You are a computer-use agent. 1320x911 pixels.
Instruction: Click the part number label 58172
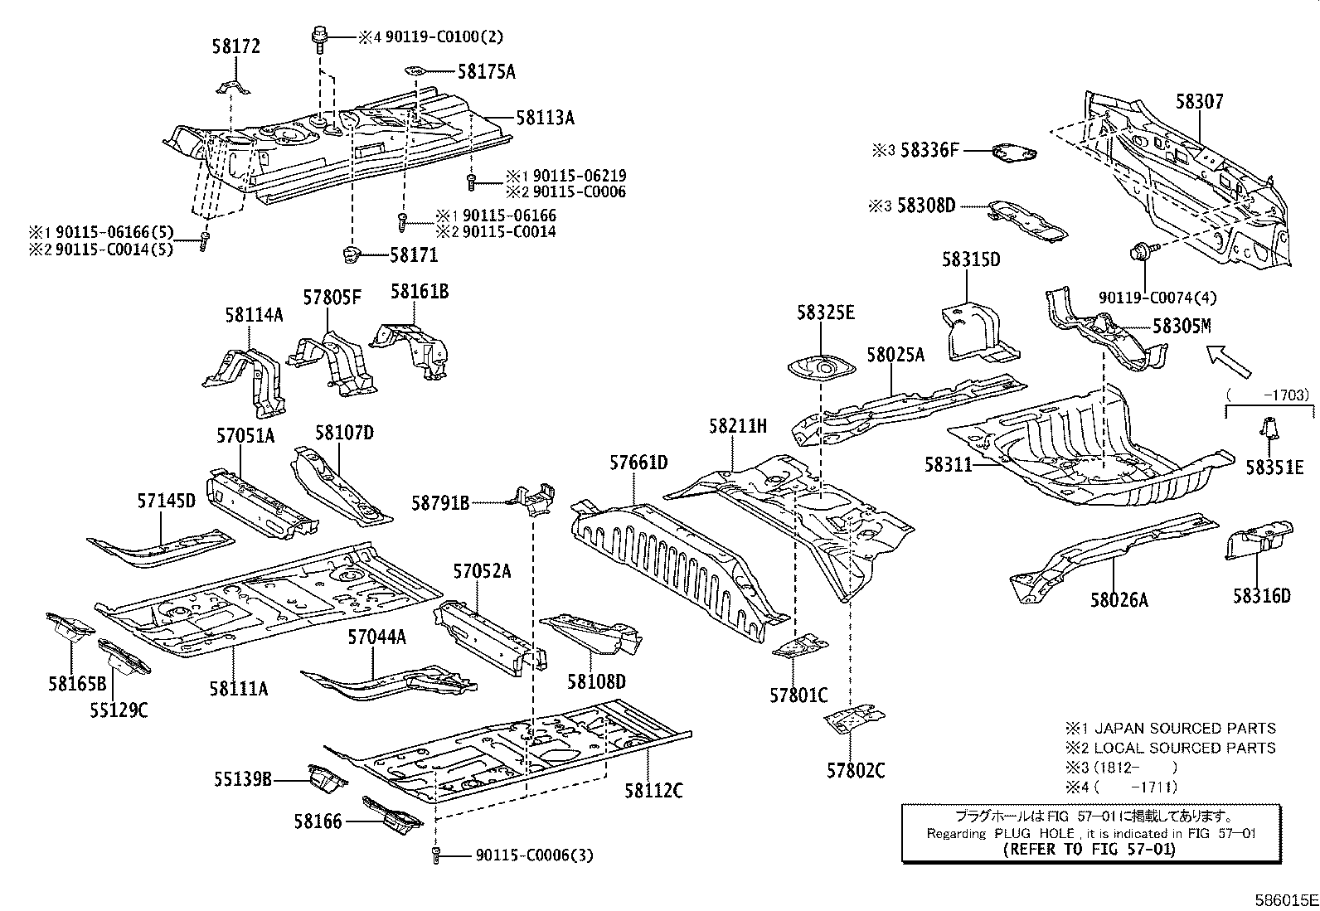(x=236, y=46)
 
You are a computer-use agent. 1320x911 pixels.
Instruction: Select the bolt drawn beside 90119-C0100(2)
(x=318, y=37)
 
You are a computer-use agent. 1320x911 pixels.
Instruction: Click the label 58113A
(x=545, y=118)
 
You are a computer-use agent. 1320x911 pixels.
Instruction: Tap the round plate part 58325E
(x=821, y=366)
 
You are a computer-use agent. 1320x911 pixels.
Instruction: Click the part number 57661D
(x=638, y=463)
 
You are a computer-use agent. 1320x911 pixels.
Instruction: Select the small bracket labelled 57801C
(x=799, y=646)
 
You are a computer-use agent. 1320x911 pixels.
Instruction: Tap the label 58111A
(x=238, y=687)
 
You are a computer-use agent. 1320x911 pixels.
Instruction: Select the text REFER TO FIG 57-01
(x=1089, y=850)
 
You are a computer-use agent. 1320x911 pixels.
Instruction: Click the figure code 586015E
(x=1285, y=899)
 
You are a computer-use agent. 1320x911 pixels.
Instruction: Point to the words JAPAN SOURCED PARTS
(x=1186, y=729)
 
